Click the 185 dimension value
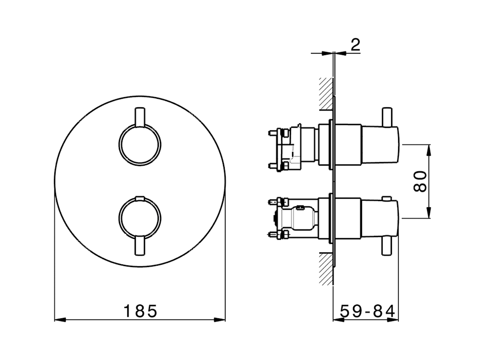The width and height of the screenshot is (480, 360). pos(140,311)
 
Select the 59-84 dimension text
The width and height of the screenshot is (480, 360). pos(367,311)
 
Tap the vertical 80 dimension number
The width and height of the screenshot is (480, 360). pos(420,181)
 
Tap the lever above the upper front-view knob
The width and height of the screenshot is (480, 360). pos(140,117)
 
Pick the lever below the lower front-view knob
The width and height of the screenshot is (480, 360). pos(140,246)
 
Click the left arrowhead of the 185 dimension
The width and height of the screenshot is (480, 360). pos(60,320)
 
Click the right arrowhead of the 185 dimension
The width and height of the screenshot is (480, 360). pos(219,320)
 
